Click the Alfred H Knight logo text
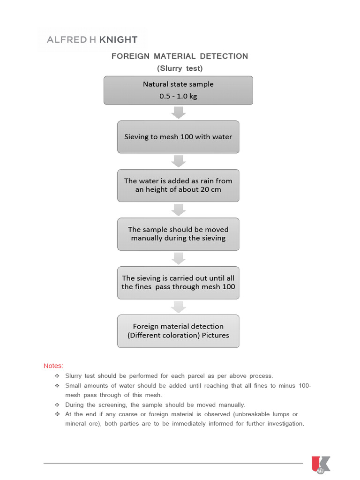tap(92, 40)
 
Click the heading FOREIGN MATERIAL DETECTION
tap(180, 56)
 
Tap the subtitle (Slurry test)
tap(180, 68)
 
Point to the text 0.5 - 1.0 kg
tap(178, 97)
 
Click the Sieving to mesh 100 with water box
tap(178, 137)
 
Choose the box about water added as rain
tap(178, 185)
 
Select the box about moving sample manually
tap(178, 233)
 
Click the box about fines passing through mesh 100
tap(178, 282)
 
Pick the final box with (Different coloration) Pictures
tap(178, 331)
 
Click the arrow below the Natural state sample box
tap(178, 112)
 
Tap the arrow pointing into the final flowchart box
tap(178, 307)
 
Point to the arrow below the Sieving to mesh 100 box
tap(178, 161)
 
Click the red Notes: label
tap(53, 366)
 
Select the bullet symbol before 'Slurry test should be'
tap(57, 376)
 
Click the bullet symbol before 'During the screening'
tap(57, 405)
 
